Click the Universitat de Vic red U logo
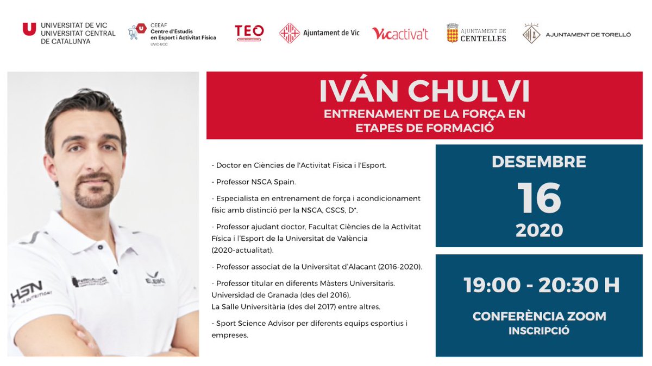coord(29,29)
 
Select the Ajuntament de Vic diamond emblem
coord(290,33)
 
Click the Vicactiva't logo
coord(400,34)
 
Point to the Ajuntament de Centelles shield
coord(452,33)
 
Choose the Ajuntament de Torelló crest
coord(530,34)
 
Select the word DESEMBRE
coord(538,162)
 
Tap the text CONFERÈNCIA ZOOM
coord(539,316)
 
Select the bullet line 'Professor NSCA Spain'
coord(253,181)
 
